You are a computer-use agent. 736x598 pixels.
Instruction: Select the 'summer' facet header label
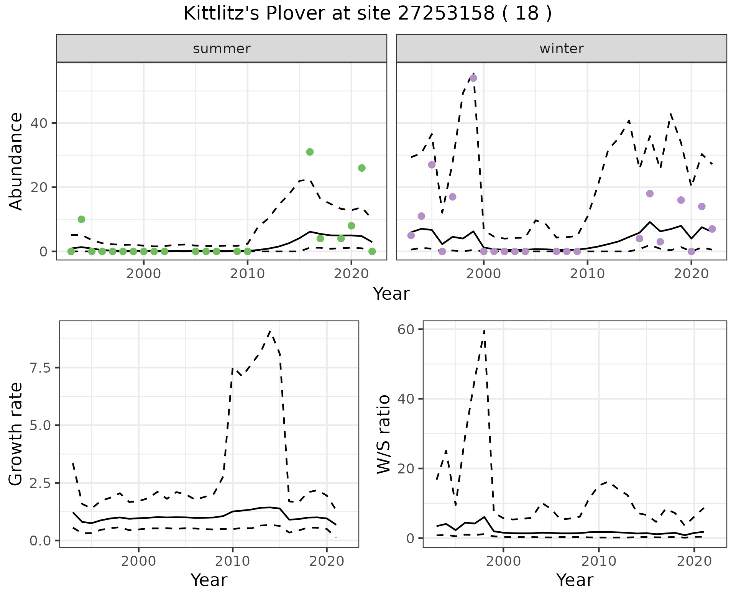pos(222,49)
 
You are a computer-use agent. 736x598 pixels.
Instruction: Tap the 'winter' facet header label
pos(561,49)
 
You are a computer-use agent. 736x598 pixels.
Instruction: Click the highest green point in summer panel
pos(310,152)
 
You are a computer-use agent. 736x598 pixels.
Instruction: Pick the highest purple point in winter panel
pos(473,78)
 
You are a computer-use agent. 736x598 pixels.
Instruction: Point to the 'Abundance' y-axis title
pos(16,161)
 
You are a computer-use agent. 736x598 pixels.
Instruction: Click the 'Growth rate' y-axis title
pos(16,434)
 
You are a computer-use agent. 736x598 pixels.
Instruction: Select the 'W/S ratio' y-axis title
pos(383,434)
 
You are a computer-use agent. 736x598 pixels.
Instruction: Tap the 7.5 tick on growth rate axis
pos(39,368)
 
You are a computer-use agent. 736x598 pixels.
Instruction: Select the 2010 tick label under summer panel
pos(247,274)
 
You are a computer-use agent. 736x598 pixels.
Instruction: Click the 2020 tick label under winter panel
pos(691,274)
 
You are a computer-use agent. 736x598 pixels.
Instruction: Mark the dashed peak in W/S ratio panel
pos(485,330)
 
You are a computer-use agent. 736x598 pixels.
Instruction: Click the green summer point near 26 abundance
pos(361,168)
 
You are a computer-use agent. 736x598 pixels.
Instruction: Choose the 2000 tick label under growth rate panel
pos(139,561)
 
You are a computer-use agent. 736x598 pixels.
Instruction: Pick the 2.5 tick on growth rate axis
pos(39,483)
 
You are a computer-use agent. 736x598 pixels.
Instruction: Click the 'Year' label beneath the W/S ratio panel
pos(575,580)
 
